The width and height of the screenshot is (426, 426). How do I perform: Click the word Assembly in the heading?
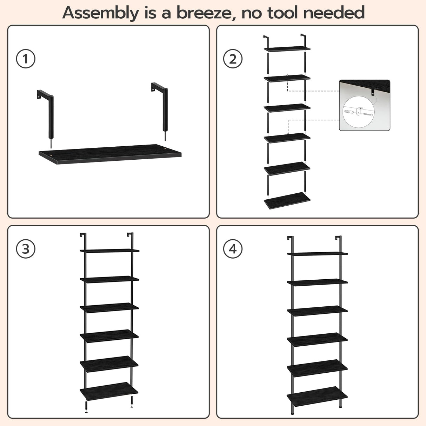[x=100, y=13]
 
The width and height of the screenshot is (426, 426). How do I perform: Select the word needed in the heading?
[x=334, y=13]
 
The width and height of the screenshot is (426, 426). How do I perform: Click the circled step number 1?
[x=26, y=59]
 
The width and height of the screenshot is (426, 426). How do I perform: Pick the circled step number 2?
[x=233, y=59]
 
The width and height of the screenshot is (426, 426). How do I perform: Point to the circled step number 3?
[x=26, y=249]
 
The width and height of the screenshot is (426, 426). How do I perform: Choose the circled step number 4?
[x=233, y=249]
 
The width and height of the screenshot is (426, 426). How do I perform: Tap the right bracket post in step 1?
[x=164, y=109]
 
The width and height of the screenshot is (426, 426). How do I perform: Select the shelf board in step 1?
[x=110, y=154]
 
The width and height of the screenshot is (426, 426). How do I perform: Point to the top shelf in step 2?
[x=287, y=49]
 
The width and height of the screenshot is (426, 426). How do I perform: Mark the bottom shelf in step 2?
[x=287, y=200]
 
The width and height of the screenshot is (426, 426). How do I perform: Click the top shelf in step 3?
[x=109, y=251]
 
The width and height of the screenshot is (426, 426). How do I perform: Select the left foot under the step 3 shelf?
[x=86, y=407]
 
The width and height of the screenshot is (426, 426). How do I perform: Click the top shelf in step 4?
[x=317, y=253]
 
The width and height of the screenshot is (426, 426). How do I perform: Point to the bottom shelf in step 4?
[x=317, y=396]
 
